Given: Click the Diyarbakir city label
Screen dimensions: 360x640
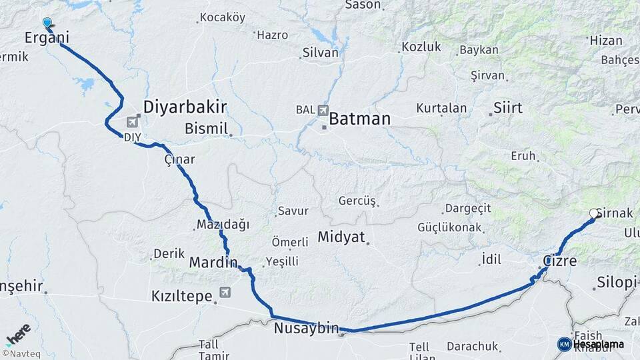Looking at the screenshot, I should [185, 107].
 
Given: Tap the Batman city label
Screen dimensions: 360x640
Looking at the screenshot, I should [359, 119].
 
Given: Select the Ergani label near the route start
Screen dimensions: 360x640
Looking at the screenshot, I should [47, 38].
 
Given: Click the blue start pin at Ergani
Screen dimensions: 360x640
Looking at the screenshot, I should [47, 23].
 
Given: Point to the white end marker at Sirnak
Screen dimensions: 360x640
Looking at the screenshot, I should [593, 213].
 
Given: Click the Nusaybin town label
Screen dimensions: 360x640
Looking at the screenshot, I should [306, 328].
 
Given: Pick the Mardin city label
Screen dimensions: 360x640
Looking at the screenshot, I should [213, 262].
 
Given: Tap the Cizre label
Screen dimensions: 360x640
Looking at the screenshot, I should [560, 261].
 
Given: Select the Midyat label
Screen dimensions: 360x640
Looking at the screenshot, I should [341, 237].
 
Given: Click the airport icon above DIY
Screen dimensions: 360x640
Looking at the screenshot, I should [137, 121].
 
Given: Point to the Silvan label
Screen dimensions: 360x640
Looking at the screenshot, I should [321, 53].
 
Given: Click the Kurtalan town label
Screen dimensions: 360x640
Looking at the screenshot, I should [441, 107].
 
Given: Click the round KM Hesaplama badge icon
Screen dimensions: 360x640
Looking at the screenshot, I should [565, 344].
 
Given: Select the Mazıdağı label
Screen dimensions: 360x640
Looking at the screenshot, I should [223, 225].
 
